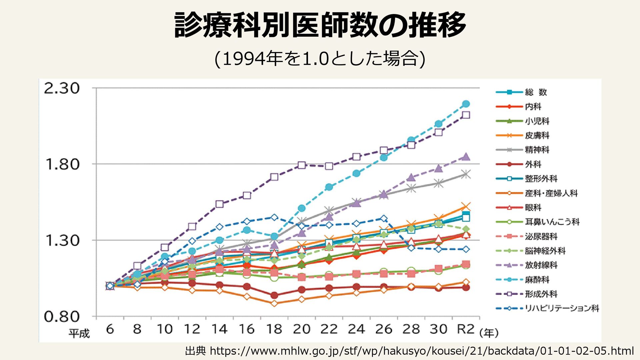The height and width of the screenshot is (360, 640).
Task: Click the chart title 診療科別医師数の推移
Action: [x=320, y=25]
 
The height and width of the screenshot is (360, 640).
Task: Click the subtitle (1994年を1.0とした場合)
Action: [x=320, y=59]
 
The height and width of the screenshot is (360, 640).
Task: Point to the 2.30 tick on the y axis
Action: [x=62, y=88]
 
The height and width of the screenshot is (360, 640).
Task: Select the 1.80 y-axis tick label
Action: [x=62, y=164]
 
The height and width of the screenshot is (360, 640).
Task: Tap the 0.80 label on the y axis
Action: [x=62, y=317]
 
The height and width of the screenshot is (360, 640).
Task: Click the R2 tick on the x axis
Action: [x=465, y=329]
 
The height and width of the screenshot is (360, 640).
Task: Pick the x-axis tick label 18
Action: [x=274, y=329]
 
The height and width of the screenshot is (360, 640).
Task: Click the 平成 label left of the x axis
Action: [x=79, y=333]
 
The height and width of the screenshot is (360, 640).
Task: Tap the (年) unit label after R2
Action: [x=489, y=333]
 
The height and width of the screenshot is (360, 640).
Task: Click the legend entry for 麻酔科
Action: [x=537, y=280]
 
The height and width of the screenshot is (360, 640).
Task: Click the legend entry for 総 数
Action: [x=536, y=92]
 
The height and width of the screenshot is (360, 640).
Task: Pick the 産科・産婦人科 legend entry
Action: [x=551, y=193]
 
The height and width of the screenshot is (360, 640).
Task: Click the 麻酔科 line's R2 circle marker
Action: [x=466, y=104]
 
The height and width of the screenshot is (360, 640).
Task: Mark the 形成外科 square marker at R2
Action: [x=466, y=115]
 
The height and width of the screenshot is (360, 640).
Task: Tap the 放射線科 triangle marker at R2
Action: [x=466, y=157]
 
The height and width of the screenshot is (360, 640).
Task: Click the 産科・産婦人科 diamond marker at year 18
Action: [x=274, y=303]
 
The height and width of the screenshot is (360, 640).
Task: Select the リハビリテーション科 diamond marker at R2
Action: [x=466, y=249]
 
